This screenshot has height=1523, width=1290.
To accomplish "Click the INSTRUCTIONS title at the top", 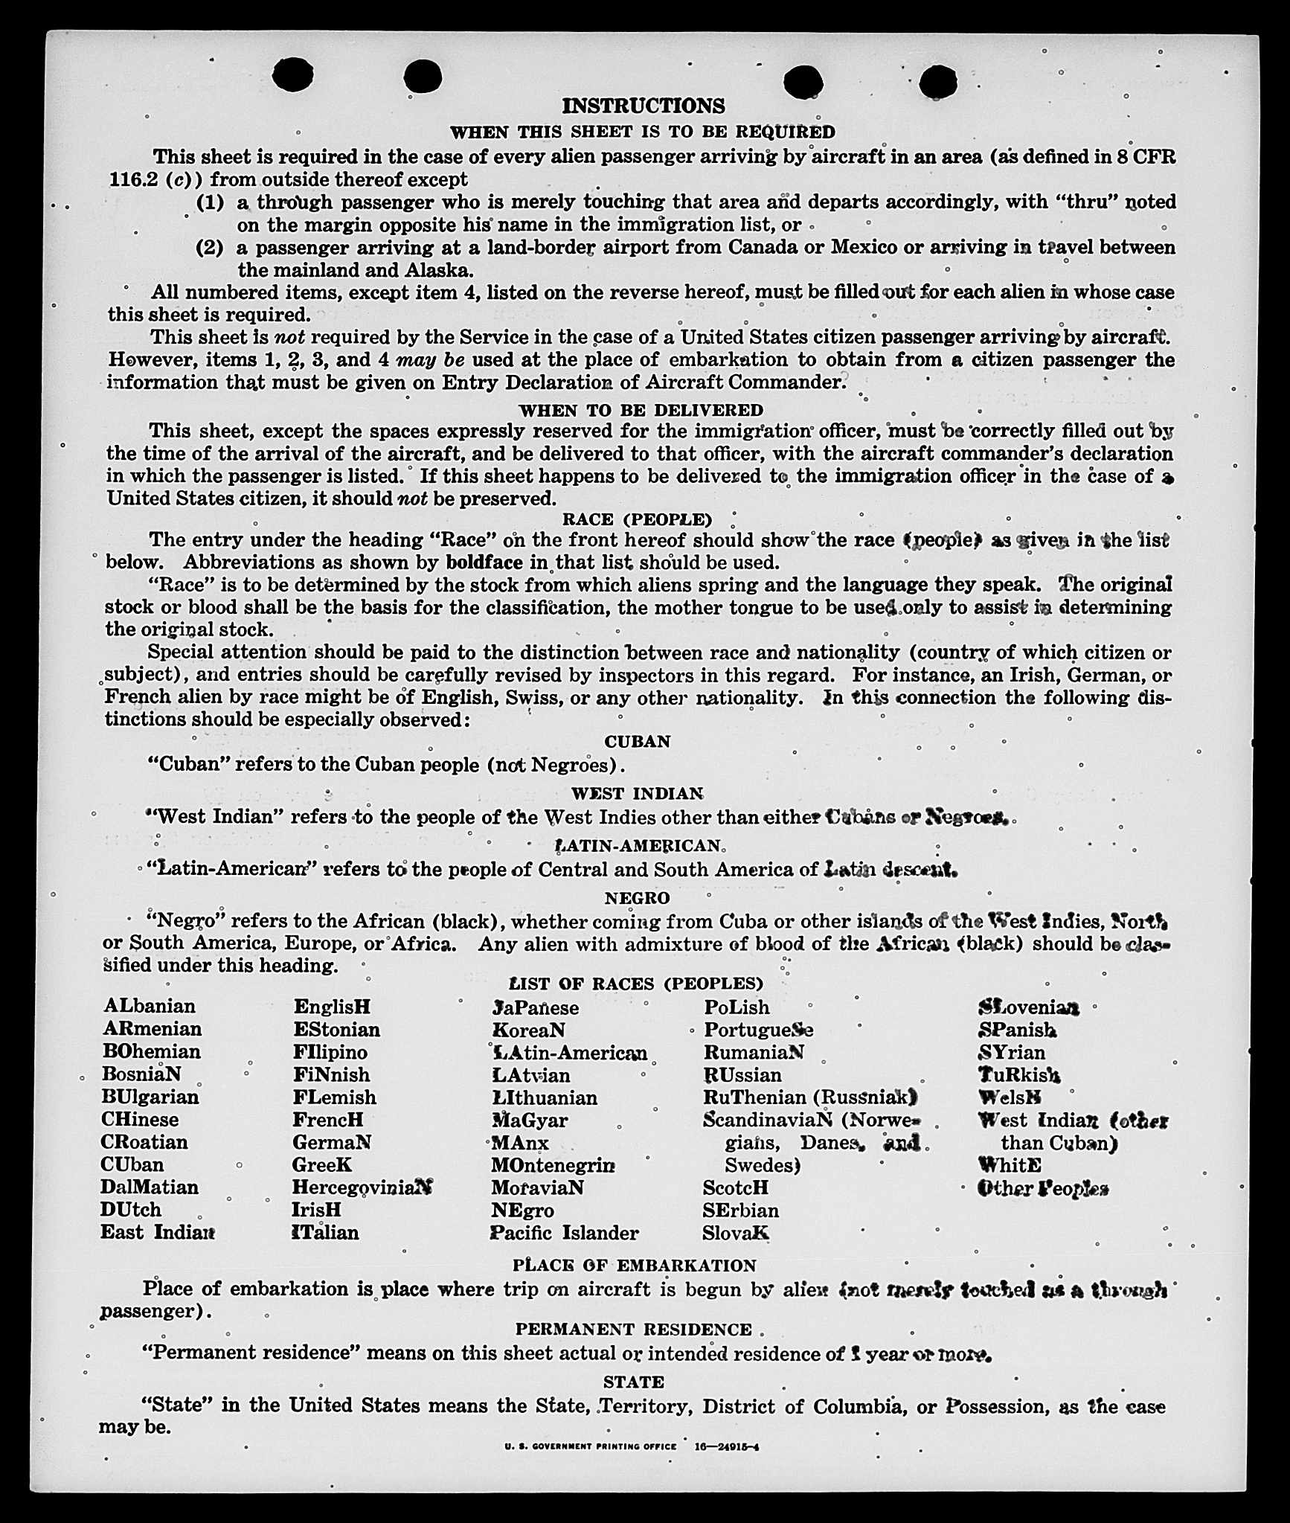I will tap(643, 106).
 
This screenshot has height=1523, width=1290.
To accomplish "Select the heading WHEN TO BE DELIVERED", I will tap(641, 410).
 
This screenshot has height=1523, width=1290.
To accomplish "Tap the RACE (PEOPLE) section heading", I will tap(637, 519).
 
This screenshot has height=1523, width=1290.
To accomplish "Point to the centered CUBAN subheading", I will tap(638, 741).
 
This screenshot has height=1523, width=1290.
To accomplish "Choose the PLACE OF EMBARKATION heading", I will tap(634, 1266).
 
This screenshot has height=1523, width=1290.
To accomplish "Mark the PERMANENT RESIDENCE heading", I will tap(633, 1330).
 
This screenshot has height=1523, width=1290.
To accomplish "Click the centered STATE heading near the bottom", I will tap(633, 1382).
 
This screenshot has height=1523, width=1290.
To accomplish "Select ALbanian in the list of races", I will tap(150, 1006).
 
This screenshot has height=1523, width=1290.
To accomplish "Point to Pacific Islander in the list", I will tap(564, 1233).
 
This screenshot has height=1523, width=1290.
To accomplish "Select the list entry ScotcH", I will tap(735, 1187).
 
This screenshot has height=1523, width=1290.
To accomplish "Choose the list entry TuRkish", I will tap(1019, 1075).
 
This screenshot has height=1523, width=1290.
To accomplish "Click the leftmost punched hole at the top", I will tap(292, 75).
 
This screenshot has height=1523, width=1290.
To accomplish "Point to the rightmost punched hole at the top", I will tap(937, 81).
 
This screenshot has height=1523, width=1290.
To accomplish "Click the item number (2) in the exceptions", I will tap(210, 248).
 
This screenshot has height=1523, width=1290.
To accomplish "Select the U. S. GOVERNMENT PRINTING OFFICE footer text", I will tap(590, 1447).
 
